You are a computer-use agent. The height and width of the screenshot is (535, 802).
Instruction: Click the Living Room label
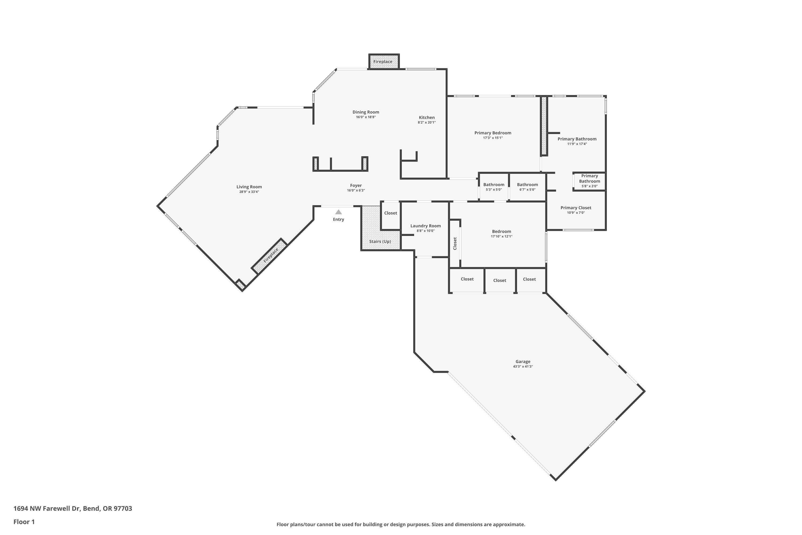point(249,187)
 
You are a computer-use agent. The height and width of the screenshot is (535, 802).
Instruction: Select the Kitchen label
point(427,117)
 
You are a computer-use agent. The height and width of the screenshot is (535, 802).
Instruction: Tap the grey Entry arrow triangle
point(338,212)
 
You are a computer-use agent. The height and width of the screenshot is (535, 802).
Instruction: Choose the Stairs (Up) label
point(380,241)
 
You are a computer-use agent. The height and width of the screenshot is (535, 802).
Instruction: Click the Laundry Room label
point(425,226)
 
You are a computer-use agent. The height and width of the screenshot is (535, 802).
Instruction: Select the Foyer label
point(356,186)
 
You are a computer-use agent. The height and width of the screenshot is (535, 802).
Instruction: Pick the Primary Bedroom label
point(492,133)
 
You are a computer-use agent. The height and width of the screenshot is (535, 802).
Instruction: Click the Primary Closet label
point(576,208)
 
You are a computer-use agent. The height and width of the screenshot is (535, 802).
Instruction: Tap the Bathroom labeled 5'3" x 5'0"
point(493,187)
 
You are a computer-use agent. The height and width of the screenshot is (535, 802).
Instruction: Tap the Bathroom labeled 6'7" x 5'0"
point(527,187)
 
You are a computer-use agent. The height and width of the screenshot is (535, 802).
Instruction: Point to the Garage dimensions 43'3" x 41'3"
point(522,366)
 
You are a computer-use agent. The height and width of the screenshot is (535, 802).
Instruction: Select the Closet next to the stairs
point(390,213)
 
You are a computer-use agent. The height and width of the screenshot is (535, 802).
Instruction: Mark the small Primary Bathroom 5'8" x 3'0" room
point(589,181)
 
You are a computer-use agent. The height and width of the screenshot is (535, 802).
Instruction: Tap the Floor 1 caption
point(24,522)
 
